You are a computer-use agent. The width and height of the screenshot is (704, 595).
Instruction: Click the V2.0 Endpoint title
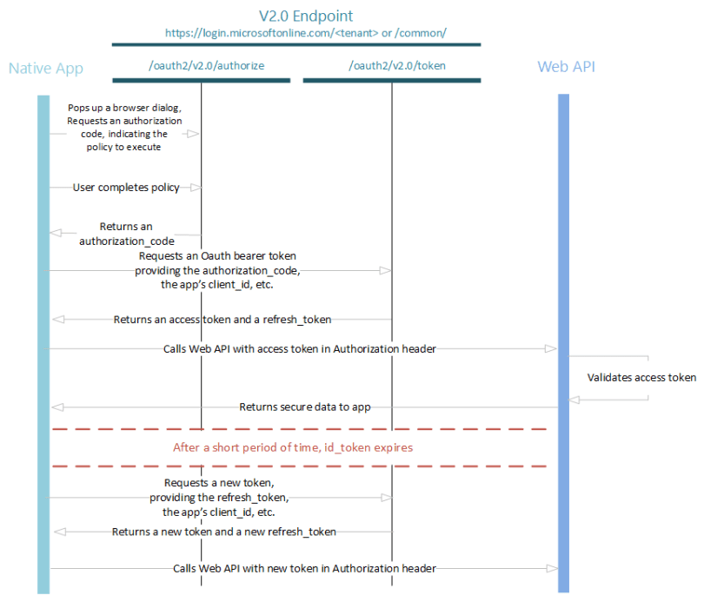pos(306,16)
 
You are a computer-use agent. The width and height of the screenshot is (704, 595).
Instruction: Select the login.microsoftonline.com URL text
pos(306,32)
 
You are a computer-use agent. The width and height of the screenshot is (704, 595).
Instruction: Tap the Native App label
pos(45,68)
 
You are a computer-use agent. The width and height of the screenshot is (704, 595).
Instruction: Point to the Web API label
pos(566,66)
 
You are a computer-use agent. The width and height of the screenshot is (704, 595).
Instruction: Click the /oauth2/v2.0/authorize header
pos(201,65)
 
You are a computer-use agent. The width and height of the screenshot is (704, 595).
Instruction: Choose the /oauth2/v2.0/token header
pos(391,65)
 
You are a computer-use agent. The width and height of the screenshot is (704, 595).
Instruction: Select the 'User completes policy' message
pos(126,188)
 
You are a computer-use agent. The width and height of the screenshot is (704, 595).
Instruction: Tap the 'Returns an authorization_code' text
pos(126,234)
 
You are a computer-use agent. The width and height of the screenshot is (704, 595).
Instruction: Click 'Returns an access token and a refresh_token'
pos(222,319)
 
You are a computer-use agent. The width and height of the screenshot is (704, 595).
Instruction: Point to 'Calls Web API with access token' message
pos(300,348)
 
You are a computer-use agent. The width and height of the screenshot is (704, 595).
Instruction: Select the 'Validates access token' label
pos(641,377)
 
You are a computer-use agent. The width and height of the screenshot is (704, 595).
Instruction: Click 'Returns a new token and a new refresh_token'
pos(223,531)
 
